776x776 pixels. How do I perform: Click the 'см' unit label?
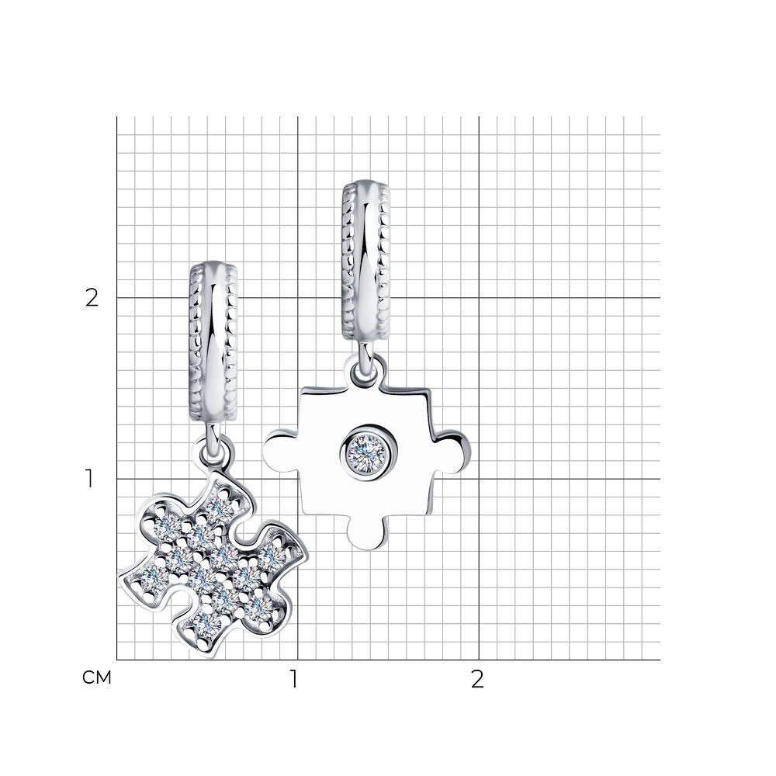click(x=97, y=677)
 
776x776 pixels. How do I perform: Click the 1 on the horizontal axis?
click(x=294, y=679)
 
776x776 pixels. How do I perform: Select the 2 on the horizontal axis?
click(x=477, y=679)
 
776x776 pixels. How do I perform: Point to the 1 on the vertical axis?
click(x=89, y=479)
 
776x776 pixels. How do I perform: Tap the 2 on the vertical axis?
click(x=92, y=298)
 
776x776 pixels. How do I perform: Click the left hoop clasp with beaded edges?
click(x=213, y=341)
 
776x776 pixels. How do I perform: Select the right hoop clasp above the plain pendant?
click(x=365, y=260)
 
